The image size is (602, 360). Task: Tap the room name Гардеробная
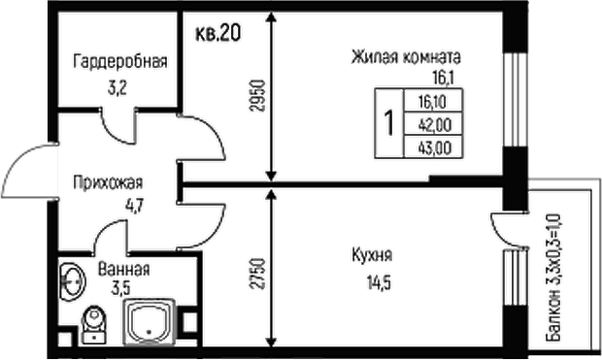click(x=119, y=61)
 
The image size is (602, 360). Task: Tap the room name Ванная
click(x=123, y=268)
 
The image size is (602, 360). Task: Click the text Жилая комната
click(x=406, y=56)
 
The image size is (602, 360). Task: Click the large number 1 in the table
click(x=388, y=123)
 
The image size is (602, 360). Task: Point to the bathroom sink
click(x=72, y=281)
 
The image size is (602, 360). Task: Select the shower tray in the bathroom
click(x=150, y=321)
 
